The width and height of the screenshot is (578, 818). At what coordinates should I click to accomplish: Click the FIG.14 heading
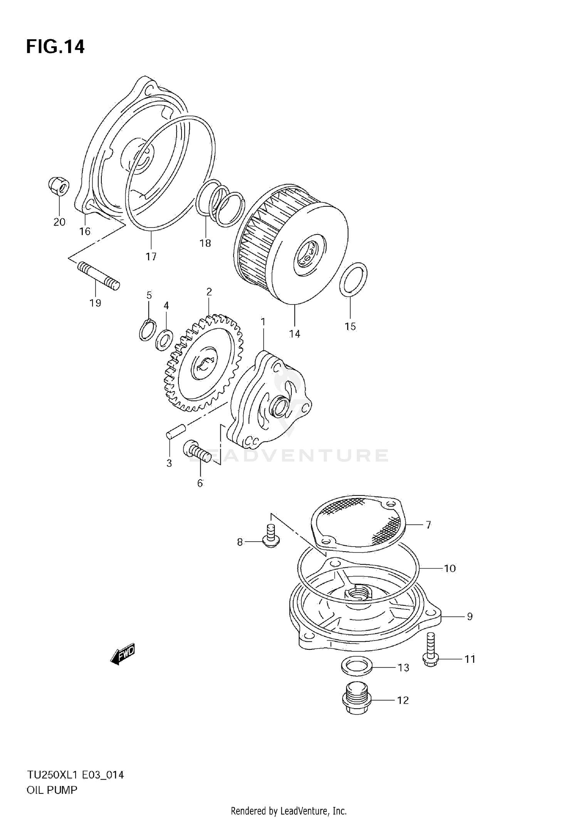click(55, 47)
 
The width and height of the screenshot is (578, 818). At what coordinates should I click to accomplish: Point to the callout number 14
click(294, 334)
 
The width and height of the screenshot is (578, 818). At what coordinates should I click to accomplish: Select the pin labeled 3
click(176, 430)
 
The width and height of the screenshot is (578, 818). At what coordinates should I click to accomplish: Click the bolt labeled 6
click(197, 453)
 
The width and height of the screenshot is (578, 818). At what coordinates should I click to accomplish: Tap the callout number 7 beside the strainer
click(428, 524)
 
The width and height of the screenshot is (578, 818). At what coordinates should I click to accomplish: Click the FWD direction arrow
click(123, 654)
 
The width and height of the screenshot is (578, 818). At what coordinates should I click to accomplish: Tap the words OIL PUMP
click(52, 790)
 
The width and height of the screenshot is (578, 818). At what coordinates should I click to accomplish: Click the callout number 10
click(450, 568)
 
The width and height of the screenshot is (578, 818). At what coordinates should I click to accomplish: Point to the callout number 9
click(469, 616)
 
